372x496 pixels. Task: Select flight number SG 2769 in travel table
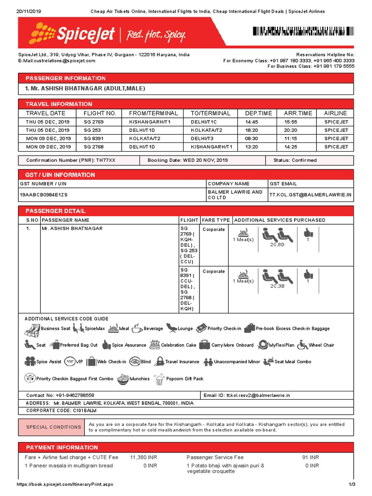click(x=94, y=122)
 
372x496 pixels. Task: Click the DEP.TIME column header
click(x=259, y=113)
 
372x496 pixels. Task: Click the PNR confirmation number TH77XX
click(x=105, y=160)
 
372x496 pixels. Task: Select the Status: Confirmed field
click(x=294, y=160)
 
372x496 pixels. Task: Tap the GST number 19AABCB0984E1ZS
click(x=44, y=194)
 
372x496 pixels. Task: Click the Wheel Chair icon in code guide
click(x=303, y=345)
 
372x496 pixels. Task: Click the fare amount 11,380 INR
click(x=143, y=457)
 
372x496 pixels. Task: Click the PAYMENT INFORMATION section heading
click(x=62, y=448)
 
